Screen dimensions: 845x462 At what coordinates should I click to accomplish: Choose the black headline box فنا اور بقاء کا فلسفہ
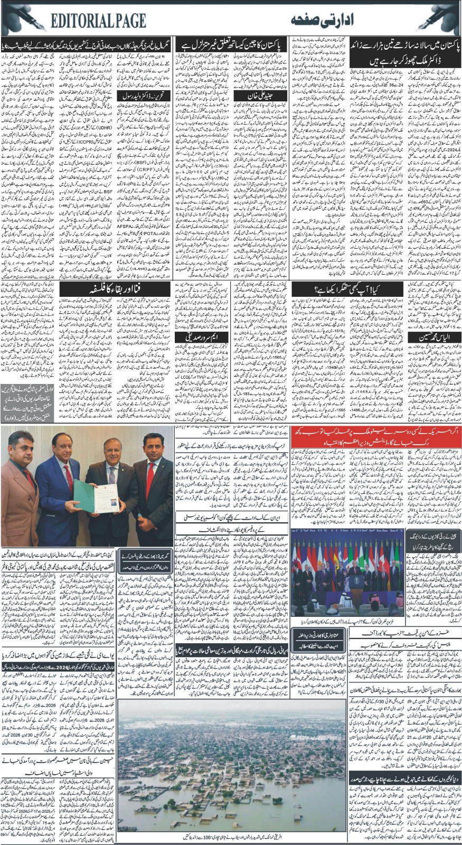click(115, 288)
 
